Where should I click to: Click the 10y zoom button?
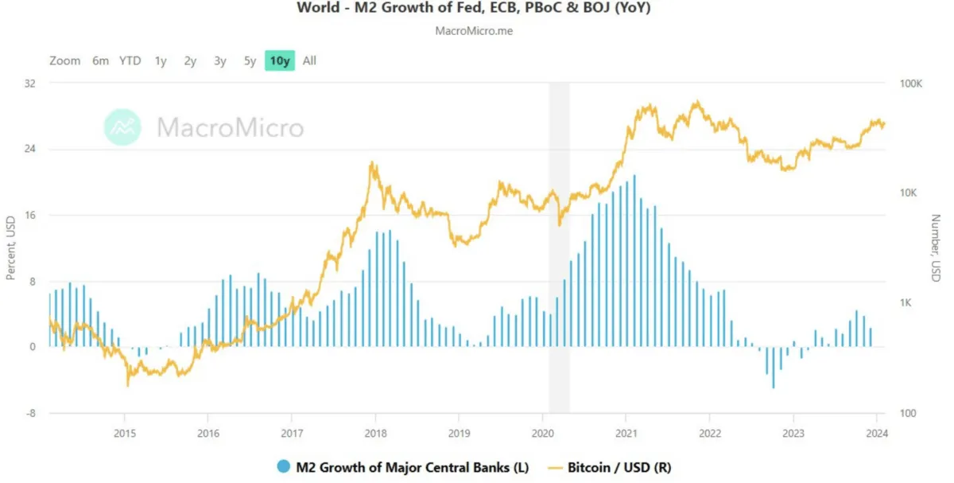(x=279, y=60)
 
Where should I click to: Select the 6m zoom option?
(x=100, y=60)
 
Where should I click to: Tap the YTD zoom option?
(x=130, y=60)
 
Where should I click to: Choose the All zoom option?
(x=309, y=60)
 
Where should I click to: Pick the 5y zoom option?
(x=250, y=61)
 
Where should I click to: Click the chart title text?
(x=474, y=8)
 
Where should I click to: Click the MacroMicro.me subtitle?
(x=474, y=31)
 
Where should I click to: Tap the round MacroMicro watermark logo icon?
(x=122, y=127)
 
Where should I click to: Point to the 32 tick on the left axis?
(x=30, y=83)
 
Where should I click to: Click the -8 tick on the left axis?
(x=31, y=413)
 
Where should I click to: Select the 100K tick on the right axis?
(x=910, y=84)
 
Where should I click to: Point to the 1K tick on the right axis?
(x=905, y=302)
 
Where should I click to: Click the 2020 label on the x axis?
(x=542, y=433)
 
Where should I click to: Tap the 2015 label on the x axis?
(x=124, y=433)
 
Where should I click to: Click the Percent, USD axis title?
(x=10, y=247)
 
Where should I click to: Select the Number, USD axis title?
(x=936, y=247)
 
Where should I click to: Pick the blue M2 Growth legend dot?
(x=283, y=466)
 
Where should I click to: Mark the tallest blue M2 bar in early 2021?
(x=634, y=260)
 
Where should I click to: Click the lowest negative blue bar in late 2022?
(x=774, y=368)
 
